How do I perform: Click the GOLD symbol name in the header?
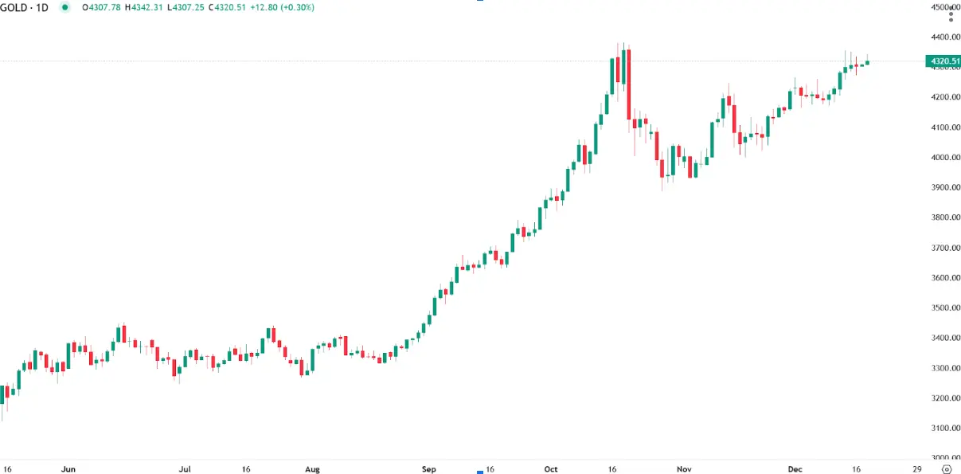[x=14, y=7]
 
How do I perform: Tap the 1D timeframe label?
[x=41, y=7]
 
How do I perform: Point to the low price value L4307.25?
[x=187, y=7]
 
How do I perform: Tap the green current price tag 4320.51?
[x=943, y=61]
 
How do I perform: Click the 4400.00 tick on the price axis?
[x=946, y=37]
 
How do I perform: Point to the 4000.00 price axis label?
[x=946, y=158]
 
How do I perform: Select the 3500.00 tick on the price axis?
[x=946, y=308]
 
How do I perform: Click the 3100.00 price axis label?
[x=946, y=428]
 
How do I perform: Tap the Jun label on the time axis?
[x=68, y=469]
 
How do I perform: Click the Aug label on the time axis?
[x=313, y=469]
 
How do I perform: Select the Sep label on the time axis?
[x=430, y=469]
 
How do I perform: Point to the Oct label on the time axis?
[x=552, y=469]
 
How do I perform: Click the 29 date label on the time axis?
[x=917, y=469]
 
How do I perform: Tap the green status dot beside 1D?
[x=64, y=7]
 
